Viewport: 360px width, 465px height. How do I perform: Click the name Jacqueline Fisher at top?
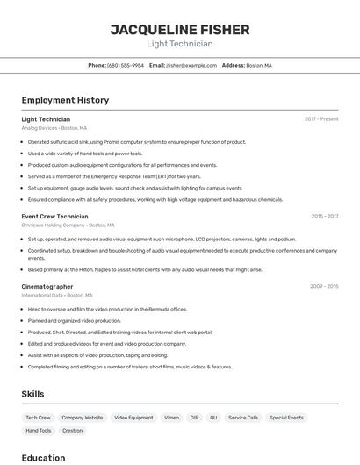click(x=179, y=29)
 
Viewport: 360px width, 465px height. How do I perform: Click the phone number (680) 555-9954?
click(x=126, y=65)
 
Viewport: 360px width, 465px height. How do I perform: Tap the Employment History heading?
click(x=65, y=100)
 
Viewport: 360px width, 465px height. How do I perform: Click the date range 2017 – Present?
click(x=321, y=118)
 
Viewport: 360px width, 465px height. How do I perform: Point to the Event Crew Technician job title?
click(x=54, y=216)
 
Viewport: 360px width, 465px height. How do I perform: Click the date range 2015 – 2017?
click(x=324, y=216)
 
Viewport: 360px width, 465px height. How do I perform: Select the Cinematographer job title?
click(x=47, y=286)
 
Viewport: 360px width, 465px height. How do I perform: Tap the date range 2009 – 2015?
click(x=324, y=286)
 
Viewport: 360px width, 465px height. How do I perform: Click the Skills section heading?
click(x=32, y=394)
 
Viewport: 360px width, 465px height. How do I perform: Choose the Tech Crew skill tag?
click(x=38, y=418)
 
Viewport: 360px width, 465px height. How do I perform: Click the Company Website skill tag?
click(x=82, y=418)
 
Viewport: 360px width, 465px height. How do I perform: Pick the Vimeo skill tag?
click(x=171, y=418)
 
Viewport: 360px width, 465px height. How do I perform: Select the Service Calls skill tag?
click(x=243, y=418)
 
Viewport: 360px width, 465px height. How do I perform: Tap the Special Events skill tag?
click(x=286, y=418)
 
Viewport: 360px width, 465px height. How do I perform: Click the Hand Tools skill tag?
click(x=38, y=431)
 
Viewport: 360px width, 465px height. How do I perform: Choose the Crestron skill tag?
click(x=73, y=431)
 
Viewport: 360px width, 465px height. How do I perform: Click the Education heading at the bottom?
click(x=43, y=457)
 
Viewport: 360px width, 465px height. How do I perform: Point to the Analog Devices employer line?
click(x=56, y=127)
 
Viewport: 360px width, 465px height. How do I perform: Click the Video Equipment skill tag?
click(x=133, y=418)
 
